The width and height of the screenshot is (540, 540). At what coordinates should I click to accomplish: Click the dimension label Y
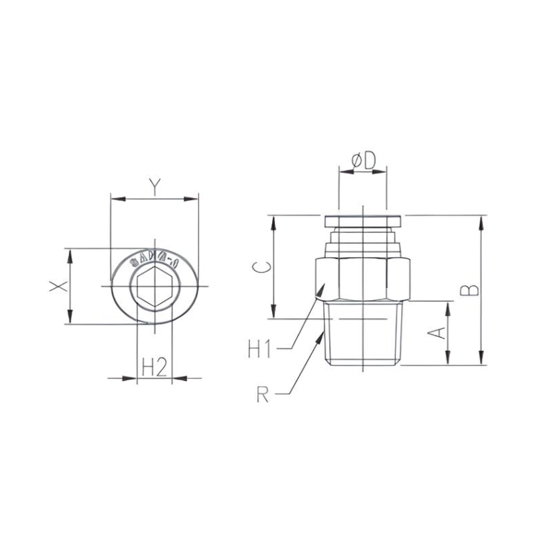[x=154, y=186]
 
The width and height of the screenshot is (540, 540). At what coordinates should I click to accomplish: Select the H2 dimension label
[x=154, y=367]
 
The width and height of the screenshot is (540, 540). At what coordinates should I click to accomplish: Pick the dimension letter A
[x=435, y=332]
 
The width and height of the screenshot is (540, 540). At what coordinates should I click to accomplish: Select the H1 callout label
[x=259, y=350]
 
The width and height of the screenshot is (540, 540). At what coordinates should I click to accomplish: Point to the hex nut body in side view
[x=363, y=277]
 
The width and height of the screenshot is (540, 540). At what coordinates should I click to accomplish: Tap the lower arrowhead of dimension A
[x=448, y=361]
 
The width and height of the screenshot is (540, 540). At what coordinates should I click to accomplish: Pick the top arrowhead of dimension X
[x=70, y=253]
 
